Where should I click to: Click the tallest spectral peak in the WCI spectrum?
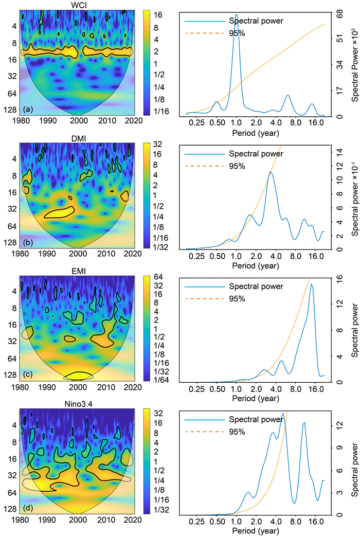pos(236,15)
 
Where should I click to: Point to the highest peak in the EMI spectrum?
pos(311,284)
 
